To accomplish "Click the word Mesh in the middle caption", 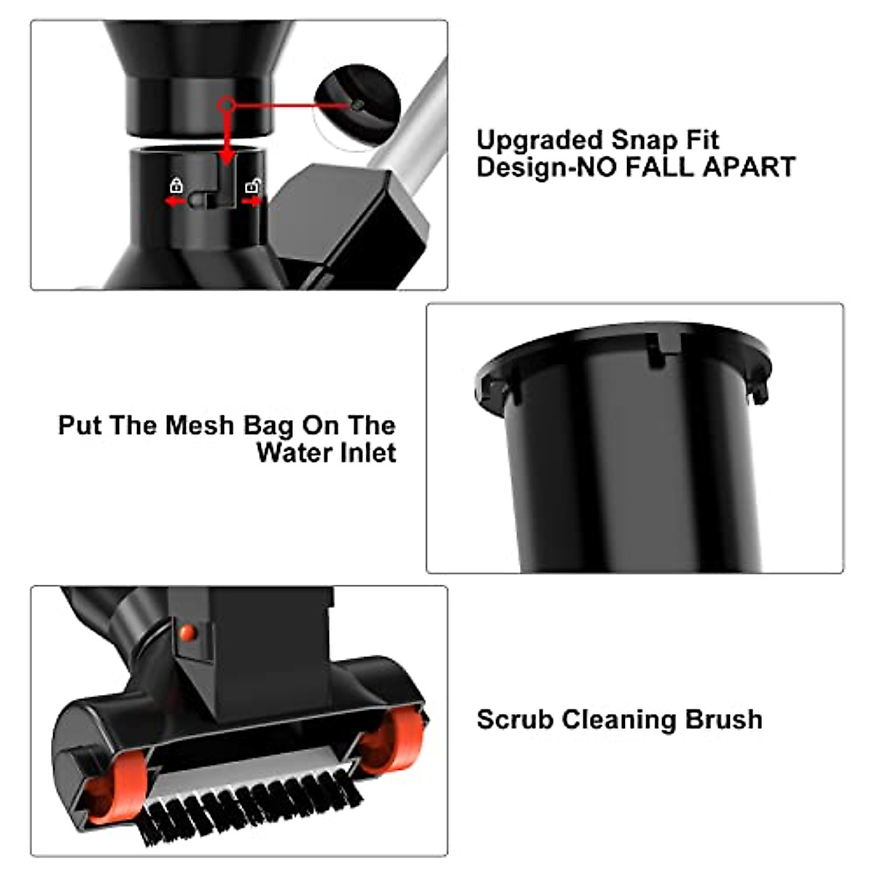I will coord(198,425).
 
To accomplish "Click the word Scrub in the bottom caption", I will coord(516,720).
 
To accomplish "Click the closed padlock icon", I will coord(176,184).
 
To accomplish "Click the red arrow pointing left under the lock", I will coord(174,201).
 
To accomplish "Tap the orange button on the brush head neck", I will coord(188,632).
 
